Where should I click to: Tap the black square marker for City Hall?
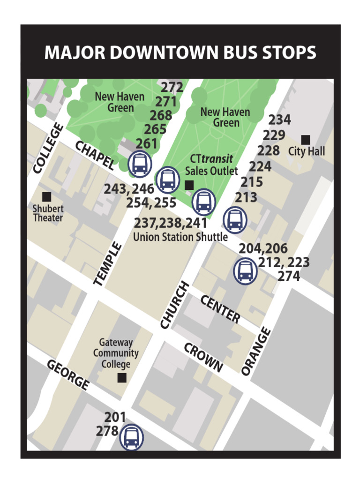click(306, 140)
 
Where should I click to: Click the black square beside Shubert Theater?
click(46, 197)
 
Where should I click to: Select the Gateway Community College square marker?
click(122, 378)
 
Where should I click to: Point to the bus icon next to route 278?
click(132, 437)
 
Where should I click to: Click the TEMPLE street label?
click(108, 263)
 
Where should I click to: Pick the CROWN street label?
click(203, 358)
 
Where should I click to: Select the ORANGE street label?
click(256, 351)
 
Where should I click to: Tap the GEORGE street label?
click(68, 375)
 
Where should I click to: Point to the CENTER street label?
click(220, 309)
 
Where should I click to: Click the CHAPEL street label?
click(95, 155)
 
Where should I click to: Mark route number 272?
click(172, 88)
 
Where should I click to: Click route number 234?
click(279, 120)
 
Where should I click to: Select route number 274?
click(289, 277)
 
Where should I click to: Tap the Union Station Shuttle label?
click(180, 237)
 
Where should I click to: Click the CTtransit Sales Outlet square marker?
click(189, 185)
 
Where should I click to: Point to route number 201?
click(115, 417)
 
